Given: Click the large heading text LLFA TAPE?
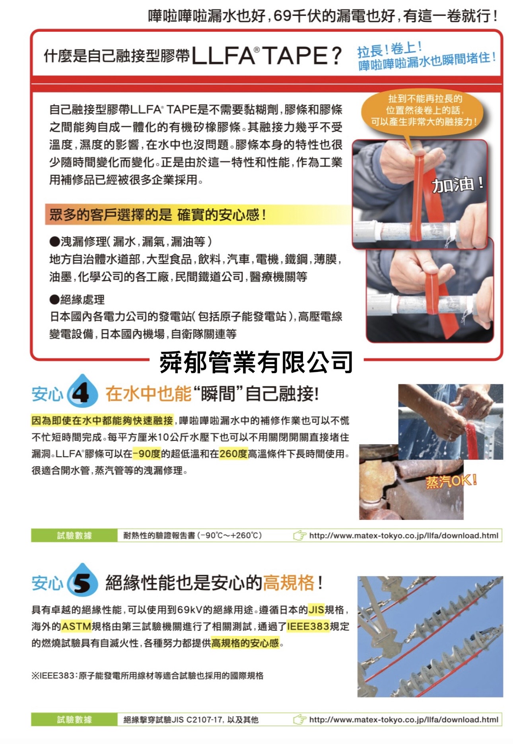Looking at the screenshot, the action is coord(266,55).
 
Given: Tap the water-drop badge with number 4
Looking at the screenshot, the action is coord(82,392).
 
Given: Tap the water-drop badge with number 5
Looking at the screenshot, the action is coord(82,581).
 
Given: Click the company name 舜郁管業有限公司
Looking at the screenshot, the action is coord(256,362).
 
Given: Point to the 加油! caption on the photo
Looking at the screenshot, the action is coord(457,185).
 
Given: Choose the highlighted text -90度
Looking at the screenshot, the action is coord(147,453).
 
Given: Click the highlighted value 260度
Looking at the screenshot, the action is coord(233,453).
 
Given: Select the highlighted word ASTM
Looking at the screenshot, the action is coord(76,626).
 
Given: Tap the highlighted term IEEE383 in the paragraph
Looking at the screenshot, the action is coord(308,626).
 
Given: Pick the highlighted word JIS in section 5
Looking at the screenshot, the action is coord(316,609).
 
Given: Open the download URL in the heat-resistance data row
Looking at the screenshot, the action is coord(404,535).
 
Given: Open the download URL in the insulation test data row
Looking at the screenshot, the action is coord(404,719).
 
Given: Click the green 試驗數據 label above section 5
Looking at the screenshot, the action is coord(74,535).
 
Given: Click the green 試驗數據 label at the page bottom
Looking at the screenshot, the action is coord(74,719).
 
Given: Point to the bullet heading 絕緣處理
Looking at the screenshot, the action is coord(77,299).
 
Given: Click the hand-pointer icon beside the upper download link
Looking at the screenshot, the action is coord(300,535).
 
